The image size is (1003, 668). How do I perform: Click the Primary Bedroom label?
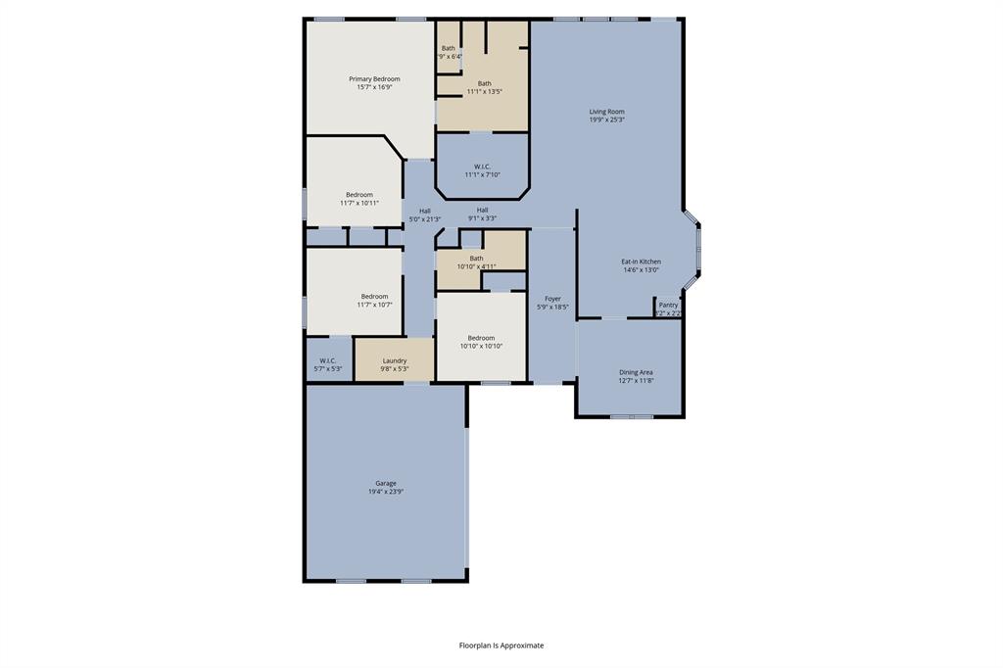click(x=374, y=78)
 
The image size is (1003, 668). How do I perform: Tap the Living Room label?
click(x=606, y=112)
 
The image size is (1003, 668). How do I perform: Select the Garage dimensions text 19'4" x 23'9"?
click(x=386, y=492)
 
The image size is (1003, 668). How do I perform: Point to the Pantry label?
click(x=668, y=305)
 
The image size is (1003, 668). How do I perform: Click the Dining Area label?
click(x=636, y=372)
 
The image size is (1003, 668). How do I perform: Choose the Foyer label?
click(x=552, y=299)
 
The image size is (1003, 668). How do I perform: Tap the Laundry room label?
click(x=394, y=360)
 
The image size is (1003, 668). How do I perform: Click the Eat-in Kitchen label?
click(x=641, y=262)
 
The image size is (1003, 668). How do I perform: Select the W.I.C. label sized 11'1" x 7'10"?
click(x=482, y=167)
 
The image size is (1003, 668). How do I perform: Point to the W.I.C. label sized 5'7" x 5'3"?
click(x=327, y=360)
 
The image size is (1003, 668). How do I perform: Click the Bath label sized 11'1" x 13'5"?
click(x=484, y=83)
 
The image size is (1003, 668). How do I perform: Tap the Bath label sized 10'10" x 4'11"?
click(x=476, y=259)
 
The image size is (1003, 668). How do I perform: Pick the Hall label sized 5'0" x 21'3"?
click(x=424, y=211)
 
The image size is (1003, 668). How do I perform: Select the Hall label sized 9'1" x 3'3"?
click(x=482, y=210)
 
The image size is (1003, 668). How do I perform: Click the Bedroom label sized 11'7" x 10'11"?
click(x=358, y=195)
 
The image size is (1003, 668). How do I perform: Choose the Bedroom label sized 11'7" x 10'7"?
click(x=374, y=296)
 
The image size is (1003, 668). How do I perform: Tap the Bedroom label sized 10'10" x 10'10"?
click(x=481, y=338)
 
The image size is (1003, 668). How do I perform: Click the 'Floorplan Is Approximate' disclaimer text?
click(x=501, y=645)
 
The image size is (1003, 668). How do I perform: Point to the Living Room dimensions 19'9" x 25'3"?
click(x=606, y=120)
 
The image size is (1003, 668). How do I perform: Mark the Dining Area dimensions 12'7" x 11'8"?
click(x=636, y=381)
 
